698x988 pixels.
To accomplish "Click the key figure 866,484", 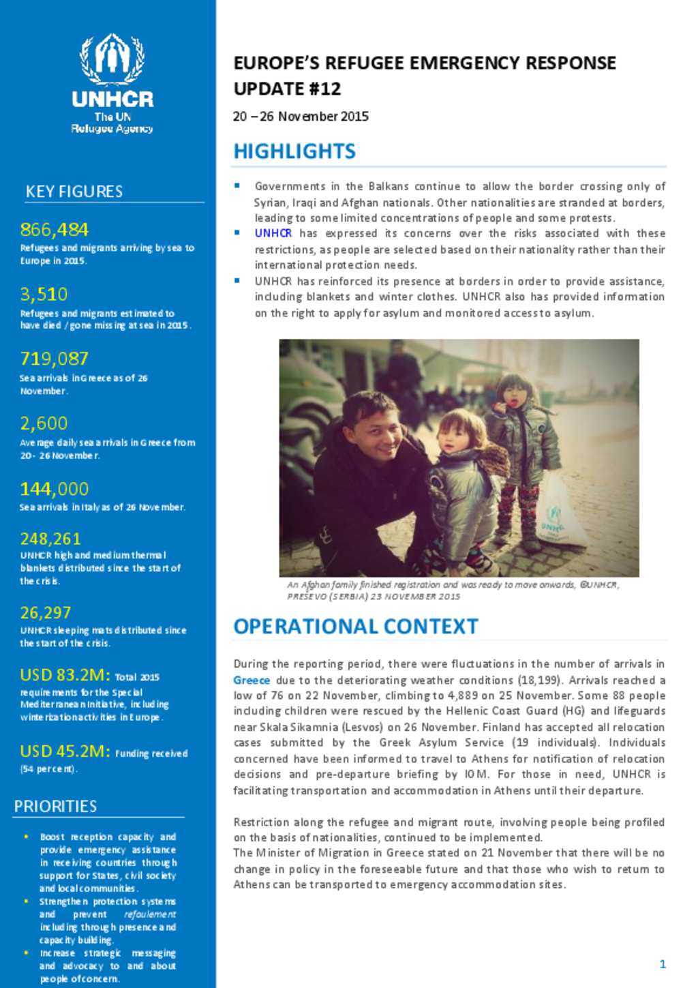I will tap(55, 230).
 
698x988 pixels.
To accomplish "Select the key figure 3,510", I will tap(44, 295).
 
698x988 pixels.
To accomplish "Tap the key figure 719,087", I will tap(55, 359).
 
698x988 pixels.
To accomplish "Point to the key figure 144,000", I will tap(55, 489).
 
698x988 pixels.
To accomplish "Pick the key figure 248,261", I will tap(50, 539).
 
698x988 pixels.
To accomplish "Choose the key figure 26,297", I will tap(46, 613).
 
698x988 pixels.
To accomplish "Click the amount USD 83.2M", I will tap(65, 675).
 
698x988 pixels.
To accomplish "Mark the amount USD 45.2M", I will tap(65, 751).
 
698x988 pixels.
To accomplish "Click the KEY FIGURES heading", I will tap(74, 192).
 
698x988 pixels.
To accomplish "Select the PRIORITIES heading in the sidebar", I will tap(55, 807).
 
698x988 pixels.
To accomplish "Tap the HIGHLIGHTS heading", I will tap(294, 151).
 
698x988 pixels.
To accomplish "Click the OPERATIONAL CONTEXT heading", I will tap(356, 627).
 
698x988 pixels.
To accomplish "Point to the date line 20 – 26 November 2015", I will tap(301, 117).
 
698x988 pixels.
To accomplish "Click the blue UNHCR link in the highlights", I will tap(273, 233).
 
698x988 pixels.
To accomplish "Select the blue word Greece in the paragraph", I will tap(252, 680).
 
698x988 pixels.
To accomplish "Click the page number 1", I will tap(663, 963).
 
